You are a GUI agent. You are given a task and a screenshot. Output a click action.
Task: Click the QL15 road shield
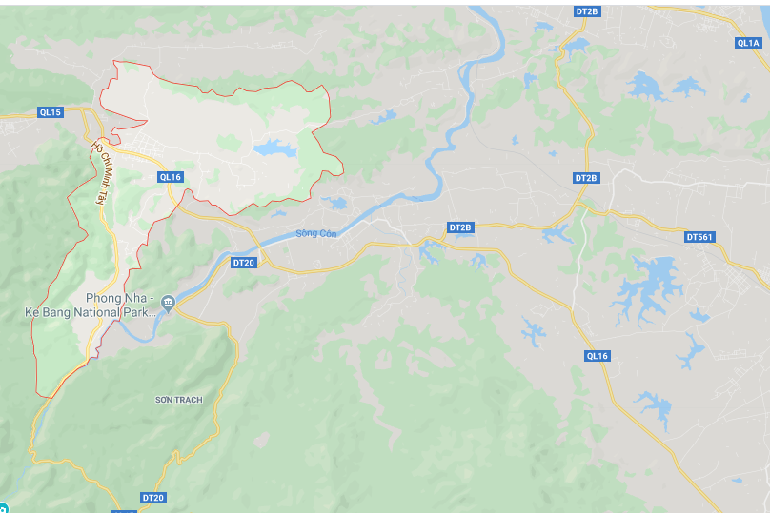[50, 112]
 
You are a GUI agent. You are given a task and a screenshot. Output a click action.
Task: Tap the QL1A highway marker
[748, 43]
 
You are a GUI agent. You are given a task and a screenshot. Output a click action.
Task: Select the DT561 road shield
[699, 237]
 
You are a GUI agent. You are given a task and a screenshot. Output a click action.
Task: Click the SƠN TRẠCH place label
[178, 400]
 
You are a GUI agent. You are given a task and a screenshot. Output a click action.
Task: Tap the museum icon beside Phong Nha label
[168, 303]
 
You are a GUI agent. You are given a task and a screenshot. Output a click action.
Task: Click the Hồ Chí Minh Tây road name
[98, 172]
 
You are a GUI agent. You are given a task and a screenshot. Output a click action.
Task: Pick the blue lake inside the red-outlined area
[274, 148]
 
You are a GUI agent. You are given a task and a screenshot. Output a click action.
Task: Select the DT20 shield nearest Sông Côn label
[244, 262]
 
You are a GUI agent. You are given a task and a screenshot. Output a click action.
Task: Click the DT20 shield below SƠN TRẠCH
[152, 498]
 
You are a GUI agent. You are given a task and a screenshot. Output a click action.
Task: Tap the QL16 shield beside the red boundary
[170, 177]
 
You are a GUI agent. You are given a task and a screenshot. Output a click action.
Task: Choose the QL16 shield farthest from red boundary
[597, 355]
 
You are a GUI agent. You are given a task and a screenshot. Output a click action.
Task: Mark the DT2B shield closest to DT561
[586, 178]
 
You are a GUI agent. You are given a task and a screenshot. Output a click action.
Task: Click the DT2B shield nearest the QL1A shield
[587, 11]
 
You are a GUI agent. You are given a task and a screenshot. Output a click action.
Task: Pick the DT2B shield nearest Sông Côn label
[460, 227]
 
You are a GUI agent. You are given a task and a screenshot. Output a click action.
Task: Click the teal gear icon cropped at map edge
[3, 508]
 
